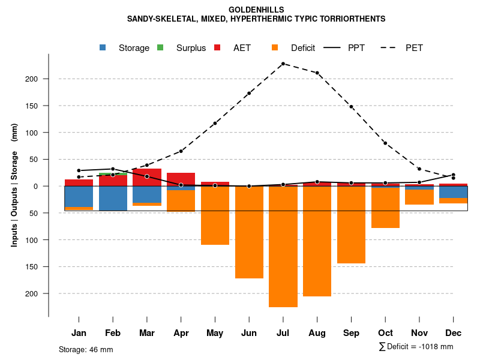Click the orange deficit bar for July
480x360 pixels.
[283, 247]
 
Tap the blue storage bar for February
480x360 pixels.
[113, 199]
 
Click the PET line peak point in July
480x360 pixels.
[283, 64]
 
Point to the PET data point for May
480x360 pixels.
[215, 123]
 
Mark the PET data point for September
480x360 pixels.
[351, 107]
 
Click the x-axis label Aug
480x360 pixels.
[317, 333]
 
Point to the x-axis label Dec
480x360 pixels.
[454, 333]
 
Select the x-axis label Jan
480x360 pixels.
[79, 333]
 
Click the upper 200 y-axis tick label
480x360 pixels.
[32, 79]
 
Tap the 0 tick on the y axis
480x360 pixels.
[36, 187]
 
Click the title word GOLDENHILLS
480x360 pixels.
[256, 10]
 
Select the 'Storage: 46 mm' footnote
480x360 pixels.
[86, 349]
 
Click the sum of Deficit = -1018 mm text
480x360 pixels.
[416, 347]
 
